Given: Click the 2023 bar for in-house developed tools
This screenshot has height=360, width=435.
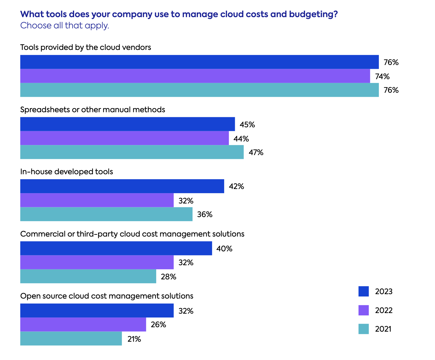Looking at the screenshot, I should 122,186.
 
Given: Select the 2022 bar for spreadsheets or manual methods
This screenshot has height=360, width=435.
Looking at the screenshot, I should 124,138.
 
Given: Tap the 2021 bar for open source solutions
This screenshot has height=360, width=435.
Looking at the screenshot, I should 71,338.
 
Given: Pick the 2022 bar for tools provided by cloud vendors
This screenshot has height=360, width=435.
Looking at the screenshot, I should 195,76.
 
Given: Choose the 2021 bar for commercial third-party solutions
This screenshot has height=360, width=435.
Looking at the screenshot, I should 88,276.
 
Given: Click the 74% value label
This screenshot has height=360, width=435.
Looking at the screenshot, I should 382,76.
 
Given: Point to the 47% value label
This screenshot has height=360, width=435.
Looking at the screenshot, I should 256,152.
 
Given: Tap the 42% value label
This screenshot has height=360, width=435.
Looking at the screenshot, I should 236,186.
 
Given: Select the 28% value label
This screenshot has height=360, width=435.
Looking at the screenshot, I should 168,277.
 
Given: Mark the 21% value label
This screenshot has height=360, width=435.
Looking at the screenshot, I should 134,339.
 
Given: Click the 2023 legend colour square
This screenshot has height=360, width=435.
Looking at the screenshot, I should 364,291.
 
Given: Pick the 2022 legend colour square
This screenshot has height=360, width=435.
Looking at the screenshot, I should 364,310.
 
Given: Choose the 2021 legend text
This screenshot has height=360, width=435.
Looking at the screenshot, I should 383,329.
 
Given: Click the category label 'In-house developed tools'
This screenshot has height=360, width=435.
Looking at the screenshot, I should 66,172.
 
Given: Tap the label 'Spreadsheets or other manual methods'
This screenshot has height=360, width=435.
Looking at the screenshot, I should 92,110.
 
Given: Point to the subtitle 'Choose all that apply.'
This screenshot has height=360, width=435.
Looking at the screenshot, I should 65,25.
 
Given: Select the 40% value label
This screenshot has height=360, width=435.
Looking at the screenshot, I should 224,249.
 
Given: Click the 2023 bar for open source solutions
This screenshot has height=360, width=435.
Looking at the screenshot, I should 97,310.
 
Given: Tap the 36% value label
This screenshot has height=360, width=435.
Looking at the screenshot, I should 205,214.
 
